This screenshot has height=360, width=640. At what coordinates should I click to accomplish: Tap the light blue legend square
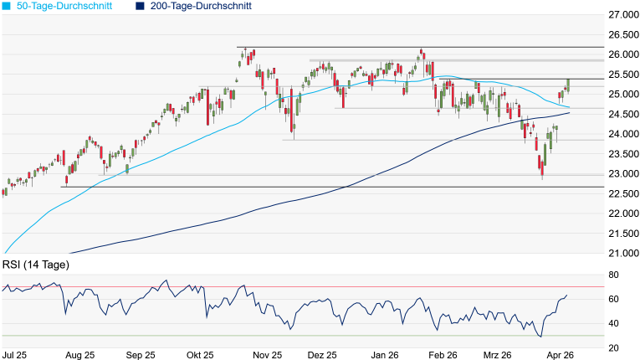(6, 6)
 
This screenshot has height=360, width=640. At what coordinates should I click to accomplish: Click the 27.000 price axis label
(623, 15)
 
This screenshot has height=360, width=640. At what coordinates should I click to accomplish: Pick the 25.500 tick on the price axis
(623, 75)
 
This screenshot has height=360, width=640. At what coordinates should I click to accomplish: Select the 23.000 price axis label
(623, 174)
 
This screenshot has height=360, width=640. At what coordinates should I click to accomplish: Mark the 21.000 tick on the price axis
(623, 254)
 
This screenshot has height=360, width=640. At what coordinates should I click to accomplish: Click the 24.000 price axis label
(623, 134)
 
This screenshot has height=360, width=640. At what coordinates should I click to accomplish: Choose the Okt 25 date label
(200, 355)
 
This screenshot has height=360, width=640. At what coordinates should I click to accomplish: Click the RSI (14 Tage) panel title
(36, 265)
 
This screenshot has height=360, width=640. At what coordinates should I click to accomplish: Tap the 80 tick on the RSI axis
(613, 275)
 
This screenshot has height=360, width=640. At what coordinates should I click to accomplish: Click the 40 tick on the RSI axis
(613, 323)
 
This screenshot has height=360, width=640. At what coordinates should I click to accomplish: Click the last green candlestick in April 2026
(568, 85)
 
